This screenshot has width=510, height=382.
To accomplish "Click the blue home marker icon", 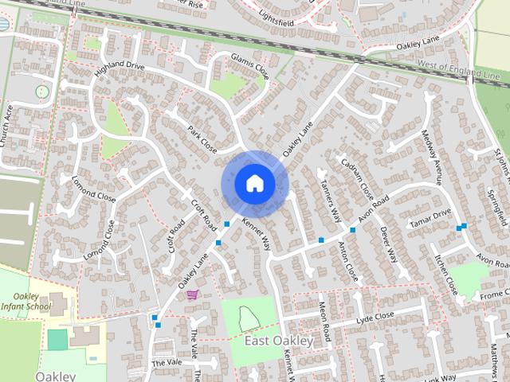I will (254, 184).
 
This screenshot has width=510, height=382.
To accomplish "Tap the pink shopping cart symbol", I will (192, 294).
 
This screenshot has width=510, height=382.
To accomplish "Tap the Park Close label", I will (202, 138).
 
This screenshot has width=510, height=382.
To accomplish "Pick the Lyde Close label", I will (375, 317).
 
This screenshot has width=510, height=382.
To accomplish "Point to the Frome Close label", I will (495, 294).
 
